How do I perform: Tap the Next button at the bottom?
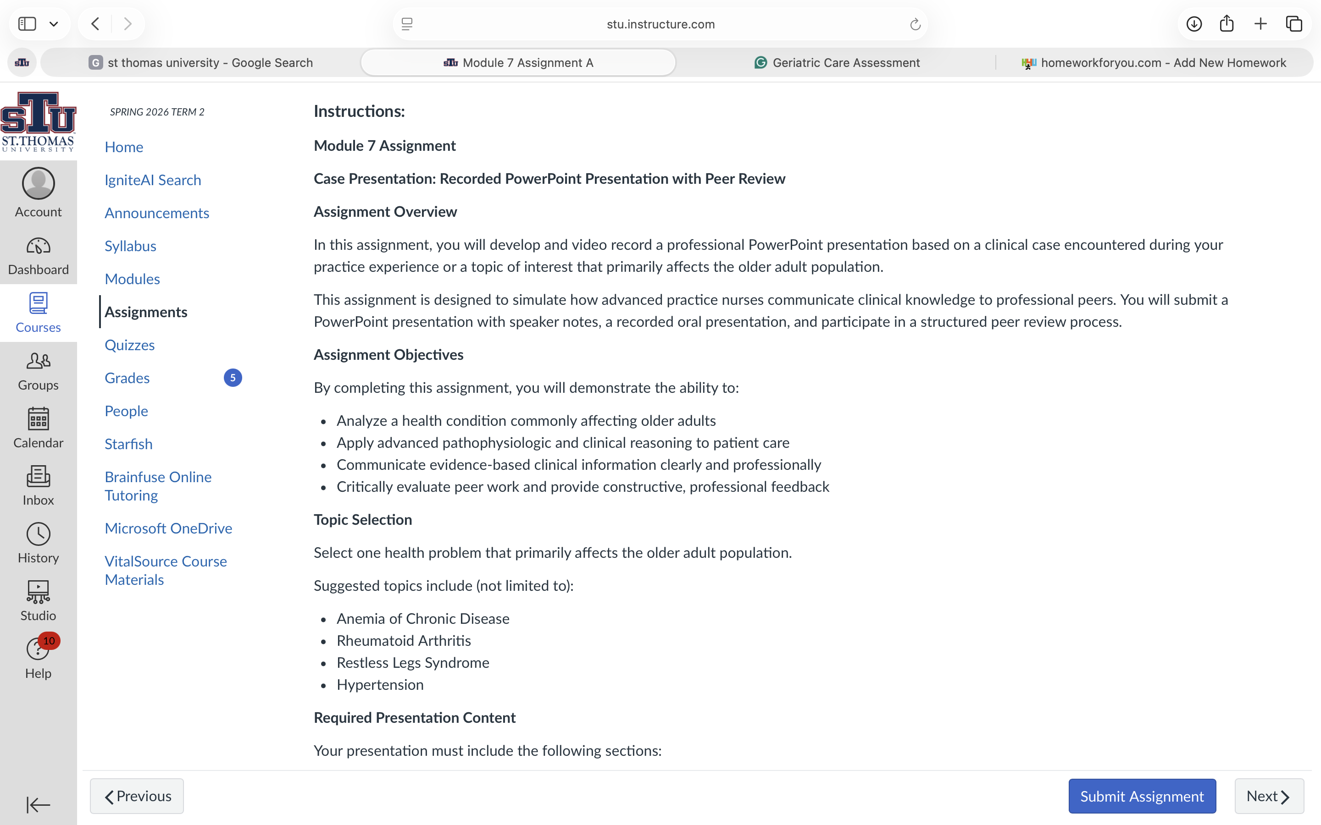coord(1269,796)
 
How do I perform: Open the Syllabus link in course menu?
coord(130,246)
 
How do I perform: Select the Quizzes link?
coord(129,345)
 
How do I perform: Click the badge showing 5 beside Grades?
coord(233,378)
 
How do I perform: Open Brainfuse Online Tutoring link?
coord(158,486)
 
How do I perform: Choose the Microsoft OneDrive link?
coord(168,528)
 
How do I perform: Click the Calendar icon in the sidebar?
coord(38,419)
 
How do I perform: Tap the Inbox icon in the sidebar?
coord(38,477)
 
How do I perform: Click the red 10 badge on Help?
coord(49,641)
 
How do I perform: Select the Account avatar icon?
coord(38,183)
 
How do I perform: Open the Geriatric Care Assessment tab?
coord(836,63)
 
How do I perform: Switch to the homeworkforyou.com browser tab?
coord(1154,63)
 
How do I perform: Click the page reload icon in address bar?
coord(915,24)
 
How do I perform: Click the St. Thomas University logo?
coord(38,121)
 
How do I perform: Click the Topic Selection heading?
coord(362,519)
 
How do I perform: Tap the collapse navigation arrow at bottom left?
coord(38,804)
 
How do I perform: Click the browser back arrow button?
coord(95,24)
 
